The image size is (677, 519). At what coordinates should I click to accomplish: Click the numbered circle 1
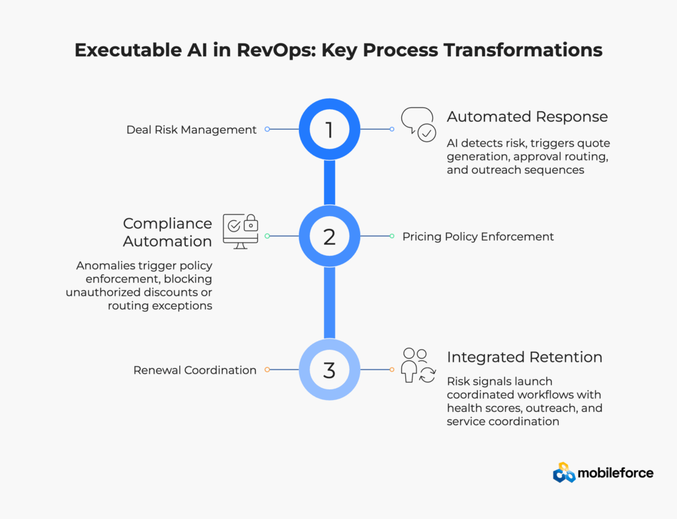329,130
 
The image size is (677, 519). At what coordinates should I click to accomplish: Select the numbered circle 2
329,236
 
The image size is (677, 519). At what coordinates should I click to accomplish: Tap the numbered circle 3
329,370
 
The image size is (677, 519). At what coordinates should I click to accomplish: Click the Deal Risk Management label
191,130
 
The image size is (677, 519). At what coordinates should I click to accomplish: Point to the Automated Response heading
527,117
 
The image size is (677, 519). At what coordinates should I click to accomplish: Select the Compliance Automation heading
167,232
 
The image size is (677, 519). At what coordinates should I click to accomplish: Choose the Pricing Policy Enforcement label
478,236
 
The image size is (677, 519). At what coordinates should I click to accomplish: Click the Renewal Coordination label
196,370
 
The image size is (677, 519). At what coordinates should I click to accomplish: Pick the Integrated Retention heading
524,357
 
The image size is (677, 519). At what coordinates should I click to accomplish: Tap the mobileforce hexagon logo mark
564,472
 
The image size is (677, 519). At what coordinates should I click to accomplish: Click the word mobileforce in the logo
616,473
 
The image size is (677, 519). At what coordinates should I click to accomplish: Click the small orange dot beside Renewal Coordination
267,370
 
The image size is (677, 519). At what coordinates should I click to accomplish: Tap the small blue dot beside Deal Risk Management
267,130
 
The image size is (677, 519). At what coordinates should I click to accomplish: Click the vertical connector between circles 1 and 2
329,183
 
